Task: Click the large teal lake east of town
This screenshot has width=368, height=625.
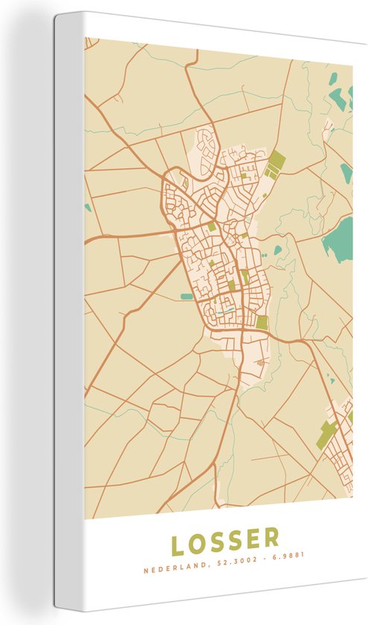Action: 339,239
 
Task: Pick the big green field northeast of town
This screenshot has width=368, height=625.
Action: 276,163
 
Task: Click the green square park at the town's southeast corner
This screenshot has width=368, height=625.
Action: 262,322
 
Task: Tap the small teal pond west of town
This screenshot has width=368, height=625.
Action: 187,297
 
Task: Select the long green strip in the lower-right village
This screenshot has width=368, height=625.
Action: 326,435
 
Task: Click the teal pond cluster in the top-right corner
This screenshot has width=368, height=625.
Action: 339,97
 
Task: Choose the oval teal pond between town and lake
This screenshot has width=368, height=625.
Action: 279,251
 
